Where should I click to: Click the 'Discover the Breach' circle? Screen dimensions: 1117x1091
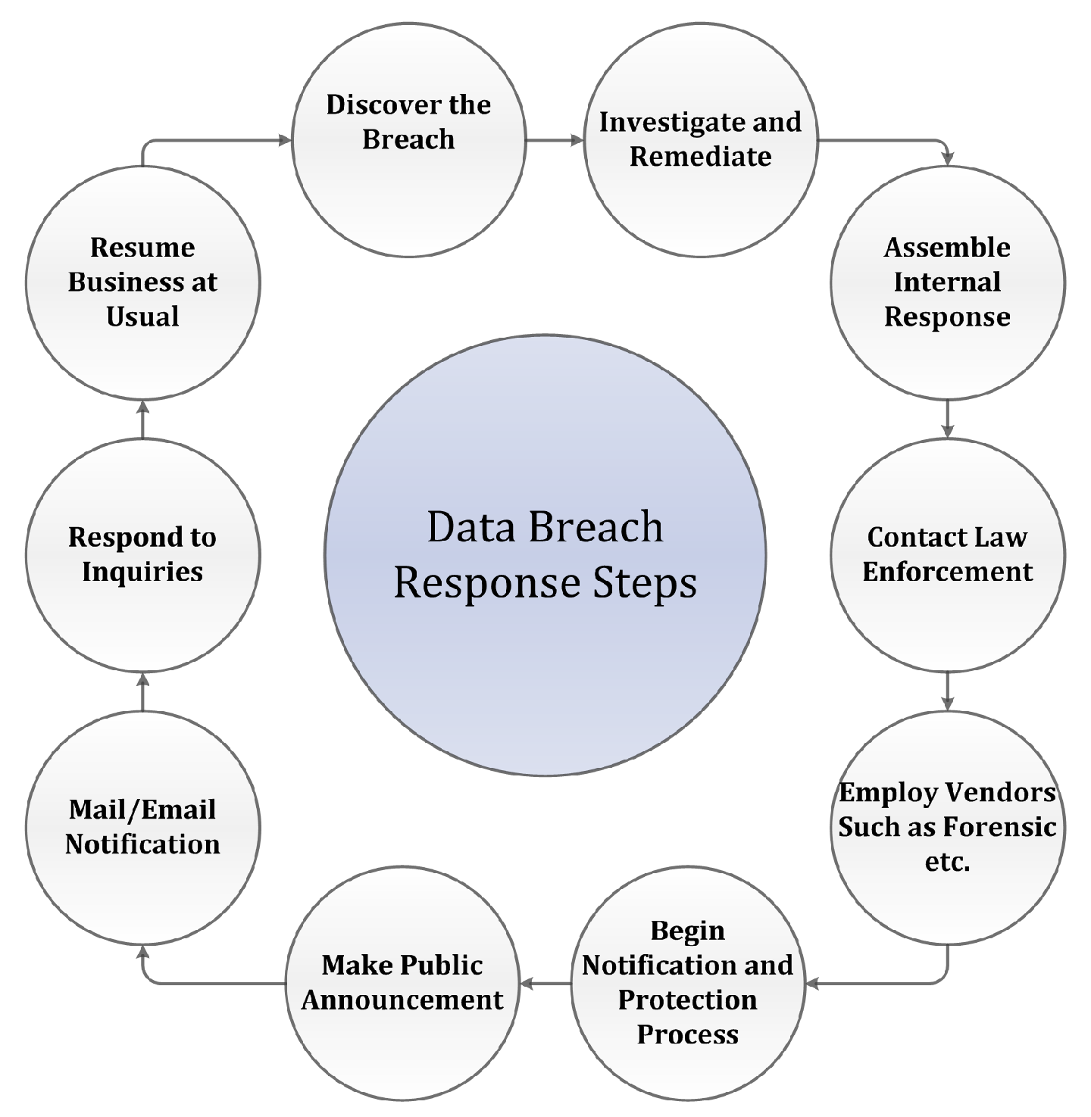coord(408,140)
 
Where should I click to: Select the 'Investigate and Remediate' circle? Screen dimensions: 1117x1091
coord(701,140)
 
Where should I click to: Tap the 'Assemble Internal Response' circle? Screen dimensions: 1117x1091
coord(947,282)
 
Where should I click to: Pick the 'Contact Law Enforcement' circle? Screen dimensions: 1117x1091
coord(947,555)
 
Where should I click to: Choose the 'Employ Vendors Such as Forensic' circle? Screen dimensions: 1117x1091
coord(947,828)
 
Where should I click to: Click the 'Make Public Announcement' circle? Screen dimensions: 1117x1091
coord(402,983)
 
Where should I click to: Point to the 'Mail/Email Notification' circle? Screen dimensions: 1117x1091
coord(142,828)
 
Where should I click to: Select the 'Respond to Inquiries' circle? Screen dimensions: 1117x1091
coord(142,555)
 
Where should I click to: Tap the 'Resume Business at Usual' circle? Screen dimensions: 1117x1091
coord(142,282)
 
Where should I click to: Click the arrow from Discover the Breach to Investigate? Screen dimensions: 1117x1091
coord(555,140)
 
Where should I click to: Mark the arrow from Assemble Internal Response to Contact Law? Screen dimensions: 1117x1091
coord(947,419)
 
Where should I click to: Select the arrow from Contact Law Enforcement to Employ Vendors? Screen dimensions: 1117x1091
coord(947,691)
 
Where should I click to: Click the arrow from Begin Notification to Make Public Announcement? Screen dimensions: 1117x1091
coord(545,983)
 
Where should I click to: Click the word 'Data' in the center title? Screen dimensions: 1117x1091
coord(464,527)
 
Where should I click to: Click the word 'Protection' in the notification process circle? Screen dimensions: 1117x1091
coord(687,1000)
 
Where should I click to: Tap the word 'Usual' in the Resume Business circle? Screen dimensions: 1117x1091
coord(142,317)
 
